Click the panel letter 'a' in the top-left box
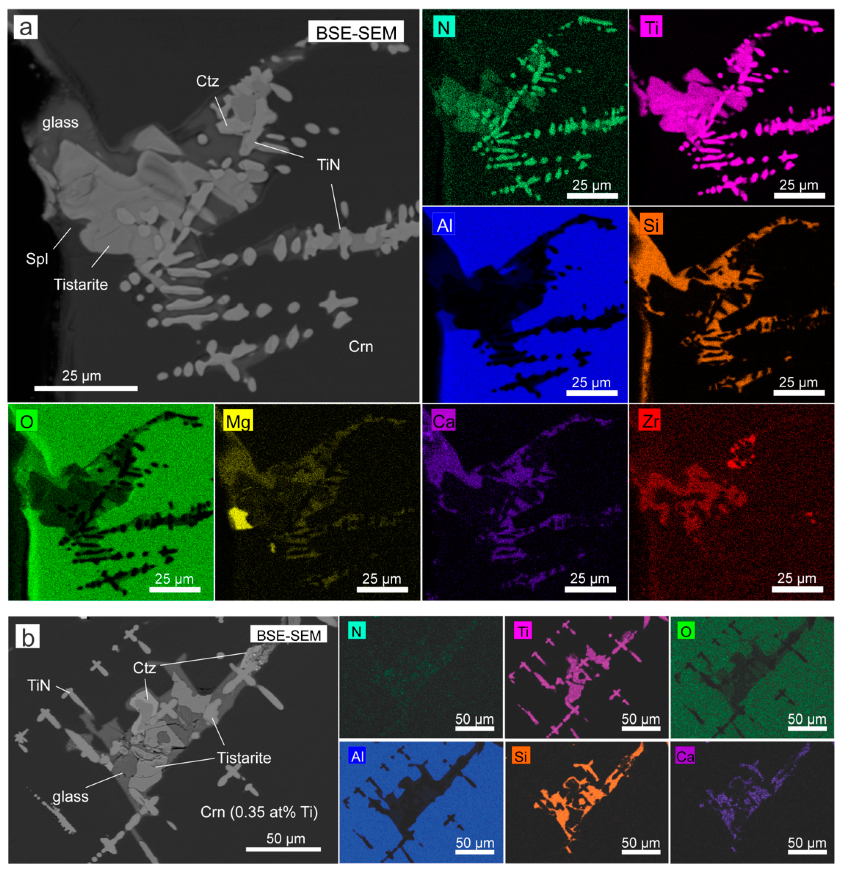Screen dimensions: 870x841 26,28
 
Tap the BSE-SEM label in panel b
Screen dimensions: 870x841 289,635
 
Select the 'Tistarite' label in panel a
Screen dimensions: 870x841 81,285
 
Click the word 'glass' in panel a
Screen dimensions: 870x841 60,123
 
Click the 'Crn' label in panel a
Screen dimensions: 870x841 361,346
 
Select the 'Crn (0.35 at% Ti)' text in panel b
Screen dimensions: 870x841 259,812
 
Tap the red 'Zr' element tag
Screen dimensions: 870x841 650,421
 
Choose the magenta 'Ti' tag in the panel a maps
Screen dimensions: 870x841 651,28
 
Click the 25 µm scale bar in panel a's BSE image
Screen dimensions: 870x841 86,388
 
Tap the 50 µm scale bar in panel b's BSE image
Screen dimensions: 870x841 283,849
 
